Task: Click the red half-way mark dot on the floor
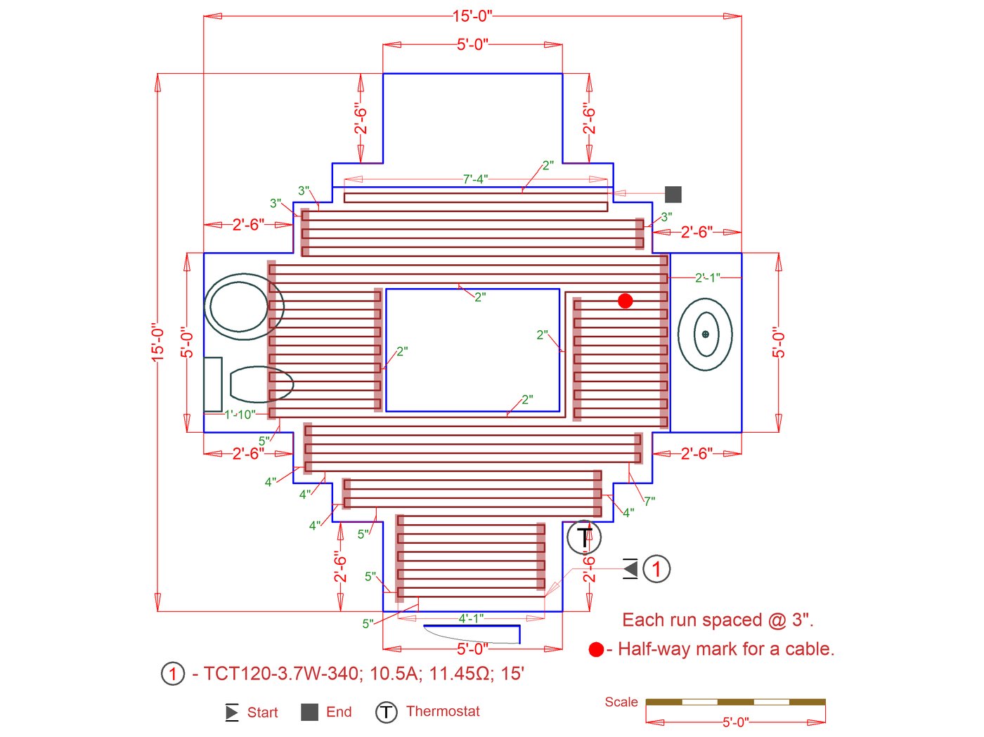point(625,301)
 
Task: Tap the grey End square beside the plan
point(673,194)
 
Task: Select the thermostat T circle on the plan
point(584,538)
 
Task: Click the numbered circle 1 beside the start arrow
point(656,568)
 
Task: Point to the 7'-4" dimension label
point(475,179)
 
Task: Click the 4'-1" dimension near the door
point(471,619)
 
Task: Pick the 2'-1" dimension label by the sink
point(707,278)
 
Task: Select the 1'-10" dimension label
point(240,415)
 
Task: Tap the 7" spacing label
point(649,501)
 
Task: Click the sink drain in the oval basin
point(705,334)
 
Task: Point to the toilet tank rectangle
point(213,384)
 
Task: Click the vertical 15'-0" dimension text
point(158,342)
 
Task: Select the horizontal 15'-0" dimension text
point(472,16)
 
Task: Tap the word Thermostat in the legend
point(443,711)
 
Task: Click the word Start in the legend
point(262,712)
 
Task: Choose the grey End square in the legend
point(309,712)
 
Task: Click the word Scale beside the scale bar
point(621,702)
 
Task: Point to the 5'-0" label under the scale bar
point(735,722)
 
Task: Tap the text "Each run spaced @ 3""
point(718,620)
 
